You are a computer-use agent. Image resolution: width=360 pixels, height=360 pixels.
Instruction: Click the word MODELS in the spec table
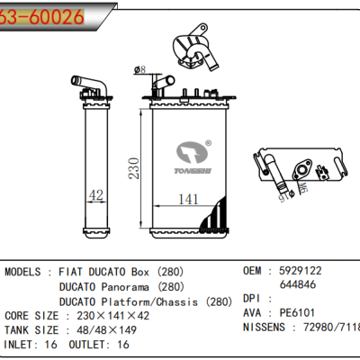pyautogui.click(x=28, y=271)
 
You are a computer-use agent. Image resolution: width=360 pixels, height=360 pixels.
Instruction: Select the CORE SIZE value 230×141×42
pyautogui.click(x=113, y=317)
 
